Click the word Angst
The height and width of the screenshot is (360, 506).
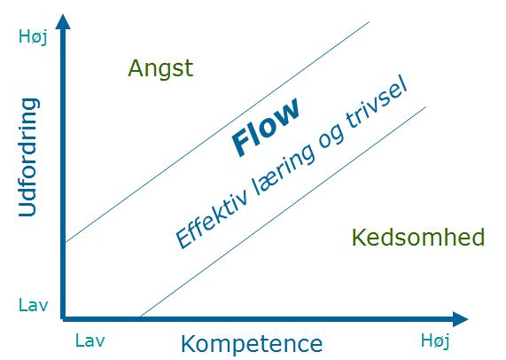[160, 68]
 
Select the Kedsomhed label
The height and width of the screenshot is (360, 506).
[417, 238]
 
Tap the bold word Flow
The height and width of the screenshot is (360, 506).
[265, 128]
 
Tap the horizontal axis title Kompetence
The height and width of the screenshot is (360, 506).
[252, 343]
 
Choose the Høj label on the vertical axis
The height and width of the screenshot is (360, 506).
[32, 36]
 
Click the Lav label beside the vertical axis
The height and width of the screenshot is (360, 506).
[32, 305]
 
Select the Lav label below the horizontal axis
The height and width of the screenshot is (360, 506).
[90, 340]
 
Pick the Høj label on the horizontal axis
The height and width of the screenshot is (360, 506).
[435, 340]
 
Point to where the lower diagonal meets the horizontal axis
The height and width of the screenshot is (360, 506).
[141, 317]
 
